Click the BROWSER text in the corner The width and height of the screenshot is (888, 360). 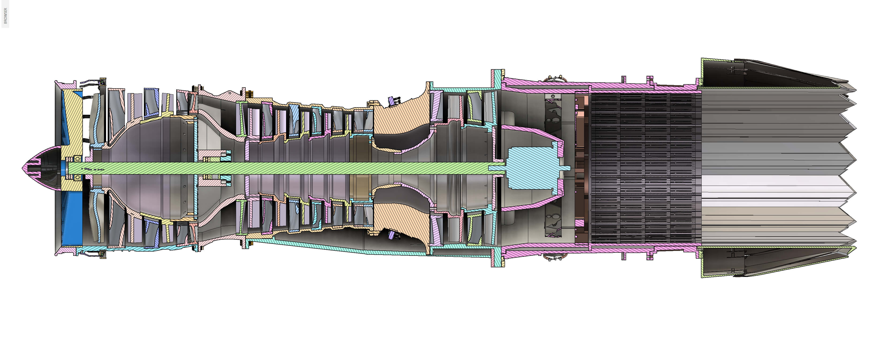tap(5, 15)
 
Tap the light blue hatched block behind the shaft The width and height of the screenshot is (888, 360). tap(533, 168)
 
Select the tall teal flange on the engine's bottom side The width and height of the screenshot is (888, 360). tap(495, 257)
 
